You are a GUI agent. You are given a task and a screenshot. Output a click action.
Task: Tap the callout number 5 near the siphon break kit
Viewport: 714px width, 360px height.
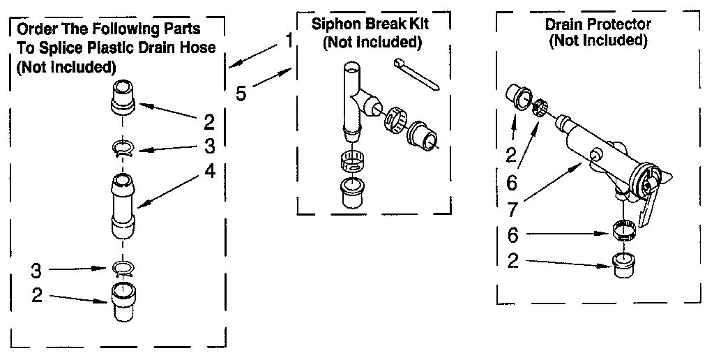[x=241, y=93]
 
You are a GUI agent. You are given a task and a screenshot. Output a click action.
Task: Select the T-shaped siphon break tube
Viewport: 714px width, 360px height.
[x=355, y=101]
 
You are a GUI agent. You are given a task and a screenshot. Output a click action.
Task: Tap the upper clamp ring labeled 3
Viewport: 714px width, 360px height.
[x=122, y=148]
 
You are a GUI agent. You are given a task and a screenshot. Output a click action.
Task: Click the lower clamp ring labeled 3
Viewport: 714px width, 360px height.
[x=122, y=268]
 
